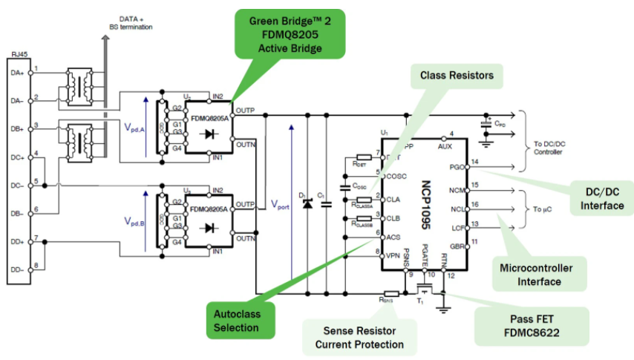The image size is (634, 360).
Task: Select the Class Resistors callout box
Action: (457, 76)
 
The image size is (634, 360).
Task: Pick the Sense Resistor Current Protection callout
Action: (359, 337)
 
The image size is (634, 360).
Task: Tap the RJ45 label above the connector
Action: (20, 55)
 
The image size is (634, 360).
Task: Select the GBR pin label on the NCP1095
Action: (457, 244)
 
